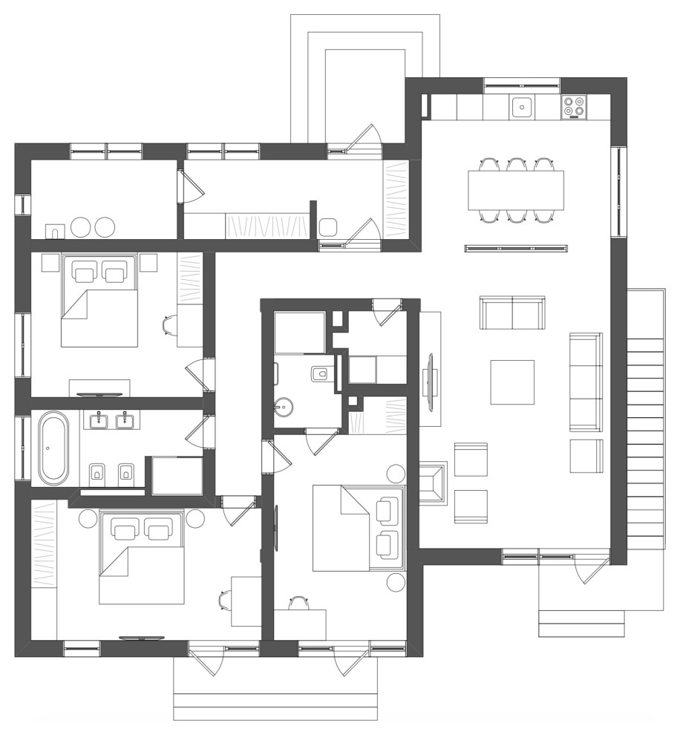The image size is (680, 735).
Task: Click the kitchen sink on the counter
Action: coord(523,107)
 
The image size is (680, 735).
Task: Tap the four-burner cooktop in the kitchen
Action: coord(574,107)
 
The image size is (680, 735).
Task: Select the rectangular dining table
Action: coord(515,189)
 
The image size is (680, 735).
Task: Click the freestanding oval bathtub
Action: coord(53,449)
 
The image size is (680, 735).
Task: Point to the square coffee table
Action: coord(512,382)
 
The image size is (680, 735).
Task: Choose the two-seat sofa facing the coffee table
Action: coord(512,313)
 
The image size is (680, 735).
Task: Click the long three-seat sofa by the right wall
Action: coord(586,382)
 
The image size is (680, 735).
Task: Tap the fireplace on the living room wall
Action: coord(434,483)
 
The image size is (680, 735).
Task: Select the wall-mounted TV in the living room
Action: coord(431,381)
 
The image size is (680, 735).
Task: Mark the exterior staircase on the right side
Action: coord(645,419)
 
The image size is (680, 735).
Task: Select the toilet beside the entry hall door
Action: coord(328,227)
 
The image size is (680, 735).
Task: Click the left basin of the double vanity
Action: coord(98,422)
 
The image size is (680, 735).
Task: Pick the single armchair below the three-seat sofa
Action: coord(586,456)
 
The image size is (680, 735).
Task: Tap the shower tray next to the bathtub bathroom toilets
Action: coord(177,476)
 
